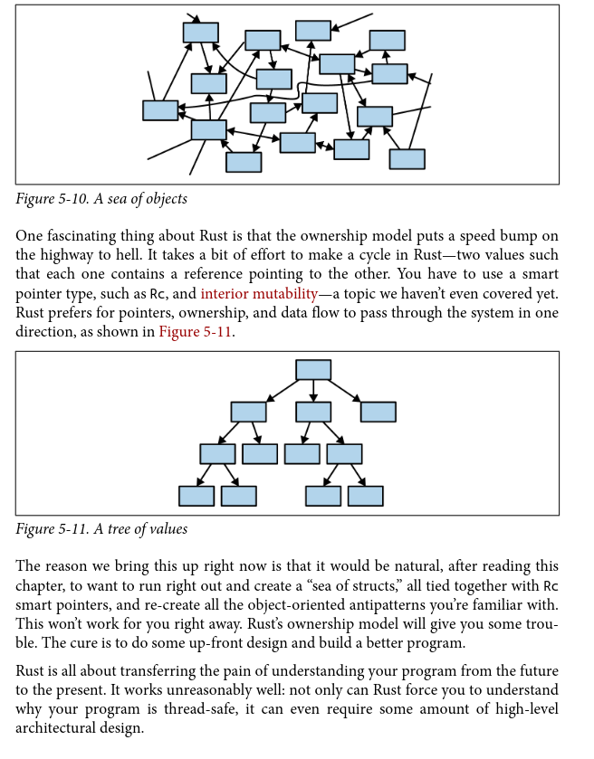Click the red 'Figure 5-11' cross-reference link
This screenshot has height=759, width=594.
coord(196,332)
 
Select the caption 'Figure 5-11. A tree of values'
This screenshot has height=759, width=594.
coord(101,528)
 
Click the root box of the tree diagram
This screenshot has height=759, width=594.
coord(313,370)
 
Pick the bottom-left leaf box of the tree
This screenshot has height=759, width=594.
coord(196,496)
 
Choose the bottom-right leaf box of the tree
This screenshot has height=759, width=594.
coord(365,496)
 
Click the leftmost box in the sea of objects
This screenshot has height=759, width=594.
coord(160,110)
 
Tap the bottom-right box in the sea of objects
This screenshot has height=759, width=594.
coord(407,159)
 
